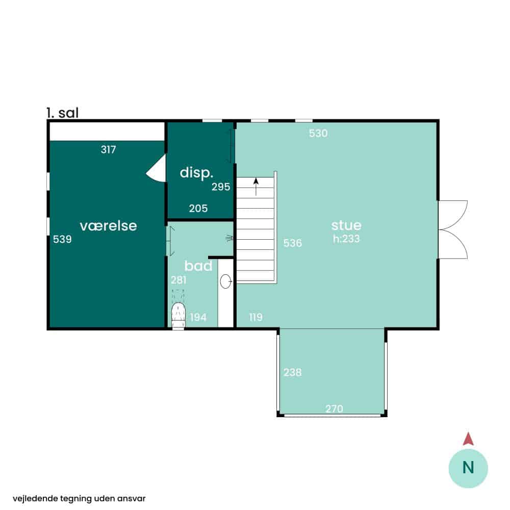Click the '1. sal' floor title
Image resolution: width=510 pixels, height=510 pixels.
(62, 113)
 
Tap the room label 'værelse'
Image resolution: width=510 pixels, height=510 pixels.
(108, 226)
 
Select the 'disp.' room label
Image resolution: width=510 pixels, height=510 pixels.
(196, 173)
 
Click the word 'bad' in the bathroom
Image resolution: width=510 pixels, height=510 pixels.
(198, 266)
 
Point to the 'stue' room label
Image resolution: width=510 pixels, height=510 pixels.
(346, 225)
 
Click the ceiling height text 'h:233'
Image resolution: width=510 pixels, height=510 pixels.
(346, 238)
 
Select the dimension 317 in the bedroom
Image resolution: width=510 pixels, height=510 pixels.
(108, 149)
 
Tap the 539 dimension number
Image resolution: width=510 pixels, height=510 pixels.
(62, 239)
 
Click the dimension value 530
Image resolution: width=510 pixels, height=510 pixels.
(318, 133)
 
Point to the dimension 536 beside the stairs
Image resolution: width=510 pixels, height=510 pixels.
(292, 243)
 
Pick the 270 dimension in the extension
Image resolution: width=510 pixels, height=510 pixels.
(334, 409)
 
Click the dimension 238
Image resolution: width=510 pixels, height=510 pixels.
(292, 372)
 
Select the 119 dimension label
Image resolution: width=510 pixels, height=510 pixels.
(256, 317)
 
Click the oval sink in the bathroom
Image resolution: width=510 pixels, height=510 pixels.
(225, 282)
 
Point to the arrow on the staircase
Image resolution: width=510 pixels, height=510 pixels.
(256, 186)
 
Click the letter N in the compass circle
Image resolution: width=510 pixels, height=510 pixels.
(468, 467)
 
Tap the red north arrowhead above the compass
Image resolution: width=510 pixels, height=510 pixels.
(468, 439)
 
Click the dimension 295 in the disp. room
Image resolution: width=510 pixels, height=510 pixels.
(221, 187)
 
